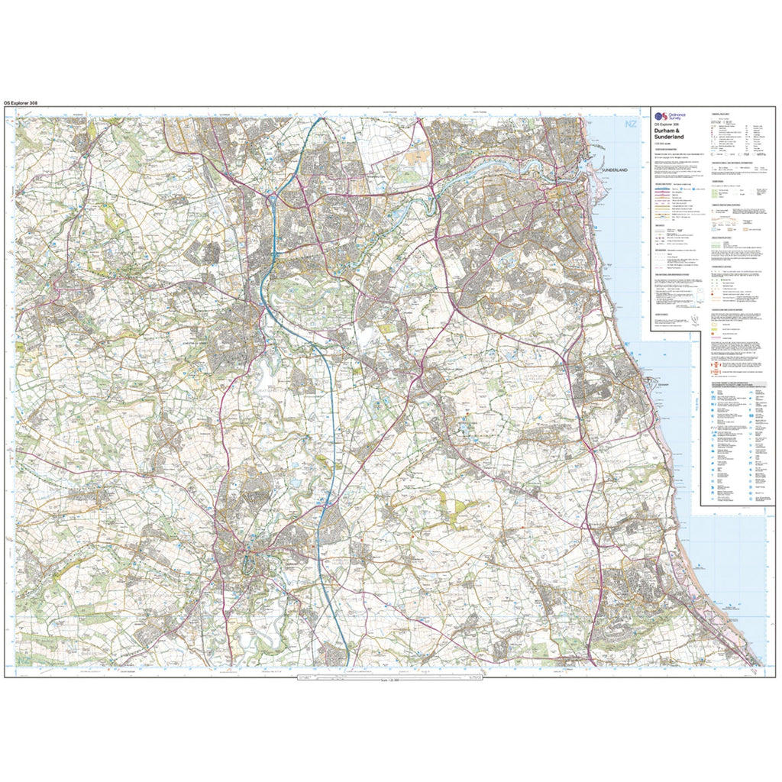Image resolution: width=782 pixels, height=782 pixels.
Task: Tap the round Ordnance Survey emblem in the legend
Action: (659, 117)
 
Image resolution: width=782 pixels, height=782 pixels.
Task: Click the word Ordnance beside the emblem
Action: (677, 115)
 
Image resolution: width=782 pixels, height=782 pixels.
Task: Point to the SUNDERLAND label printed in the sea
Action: (619, 169)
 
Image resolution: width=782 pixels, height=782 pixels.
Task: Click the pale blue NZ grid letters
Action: (630, 124)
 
